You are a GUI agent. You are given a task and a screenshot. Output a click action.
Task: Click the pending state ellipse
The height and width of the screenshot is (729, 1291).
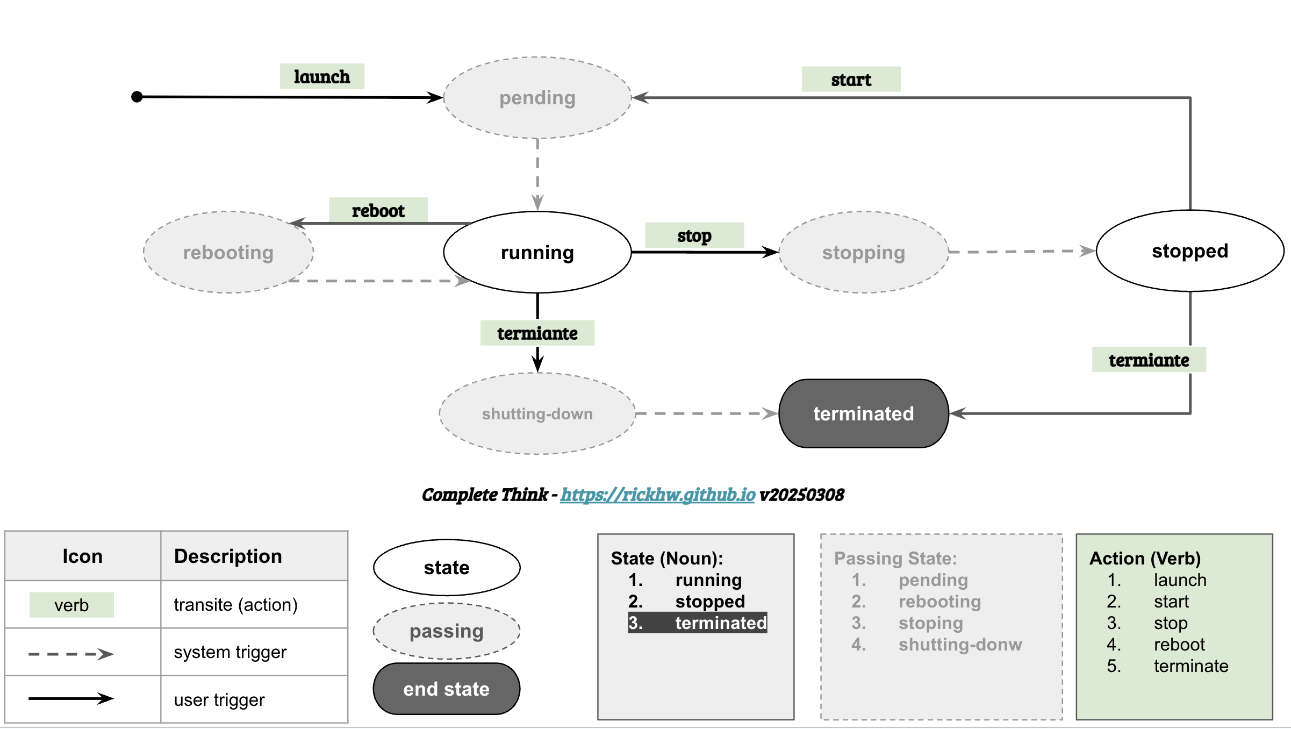pyautogui.click(x=537, y=98)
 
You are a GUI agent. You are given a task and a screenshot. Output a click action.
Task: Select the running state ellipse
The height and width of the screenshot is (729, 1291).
pyautogui.click(x=537, y=252)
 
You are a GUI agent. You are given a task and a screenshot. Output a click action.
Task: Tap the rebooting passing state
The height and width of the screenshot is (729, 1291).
pyautogui.click(x=228, y=252)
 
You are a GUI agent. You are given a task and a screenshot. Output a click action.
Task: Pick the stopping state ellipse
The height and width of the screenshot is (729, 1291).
pyautogui.click(x=864, y=252)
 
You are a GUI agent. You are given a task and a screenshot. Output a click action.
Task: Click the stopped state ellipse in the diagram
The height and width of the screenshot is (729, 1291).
pyautogui.click(x=1190, y=251)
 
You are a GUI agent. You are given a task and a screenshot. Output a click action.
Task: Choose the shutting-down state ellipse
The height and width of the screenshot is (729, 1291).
pyautogui.click(x=537, y=413)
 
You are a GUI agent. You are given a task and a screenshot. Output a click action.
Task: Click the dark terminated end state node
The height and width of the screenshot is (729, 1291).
pyautogui.click(x=864, y=413)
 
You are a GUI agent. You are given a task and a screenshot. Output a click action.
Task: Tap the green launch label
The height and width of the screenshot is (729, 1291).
pyautogui.click(x=322, y=76)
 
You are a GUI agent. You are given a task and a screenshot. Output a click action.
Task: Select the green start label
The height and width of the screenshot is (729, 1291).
pyautogui.click(x=851, y=79)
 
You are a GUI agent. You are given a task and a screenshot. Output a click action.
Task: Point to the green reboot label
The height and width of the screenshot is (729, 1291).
pyautogui.click(x=378, y=210)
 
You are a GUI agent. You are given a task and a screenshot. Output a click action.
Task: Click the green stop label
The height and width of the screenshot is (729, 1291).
pyautogui.click(x=694, y=235)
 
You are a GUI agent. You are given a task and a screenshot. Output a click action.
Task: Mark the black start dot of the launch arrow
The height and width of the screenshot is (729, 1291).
pyautogui.click(x=137, y=97)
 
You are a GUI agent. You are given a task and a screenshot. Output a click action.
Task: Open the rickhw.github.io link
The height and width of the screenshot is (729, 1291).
pyautogui.click(x=657, y=495)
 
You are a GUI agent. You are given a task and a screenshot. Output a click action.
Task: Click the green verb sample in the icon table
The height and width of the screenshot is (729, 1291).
pyautogui.click(x=71, y=605)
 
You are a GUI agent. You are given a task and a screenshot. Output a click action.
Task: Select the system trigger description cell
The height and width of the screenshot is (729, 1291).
pyautogui.click(x=254, y=652)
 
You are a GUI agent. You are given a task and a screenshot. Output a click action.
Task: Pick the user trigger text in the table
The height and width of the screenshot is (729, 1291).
pyautogui.click(x=219, y=699)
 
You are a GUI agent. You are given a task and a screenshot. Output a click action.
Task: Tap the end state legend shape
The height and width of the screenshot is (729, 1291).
pyautogui.click(x=447, y=689)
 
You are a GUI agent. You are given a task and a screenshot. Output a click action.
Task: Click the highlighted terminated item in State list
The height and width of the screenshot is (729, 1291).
pyautogui.click(x=698, y=623)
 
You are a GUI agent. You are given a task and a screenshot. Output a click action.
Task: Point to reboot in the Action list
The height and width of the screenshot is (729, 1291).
pyautogui.click(x=1179, y=644)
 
